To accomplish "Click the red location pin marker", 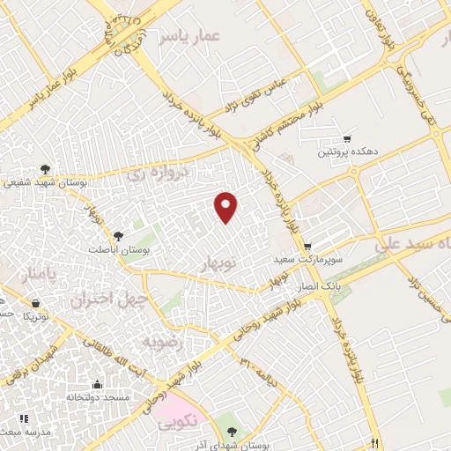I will tap(226, 206).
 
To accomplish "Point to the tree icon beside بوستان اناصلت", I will tap(118, 235).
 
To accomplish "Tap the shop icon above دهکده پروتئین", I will tap(347, 138).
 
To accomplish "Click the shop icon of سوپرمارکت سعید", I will tap(307, 246).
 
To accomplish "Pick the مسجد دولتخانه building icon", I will tap(96, 384).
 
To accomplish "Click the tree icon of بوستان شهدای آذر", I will tap(232, 431).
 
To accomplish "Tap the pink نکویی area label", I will tap(176, 424).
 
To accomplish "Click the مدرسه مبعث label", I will tap(26, 433).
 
